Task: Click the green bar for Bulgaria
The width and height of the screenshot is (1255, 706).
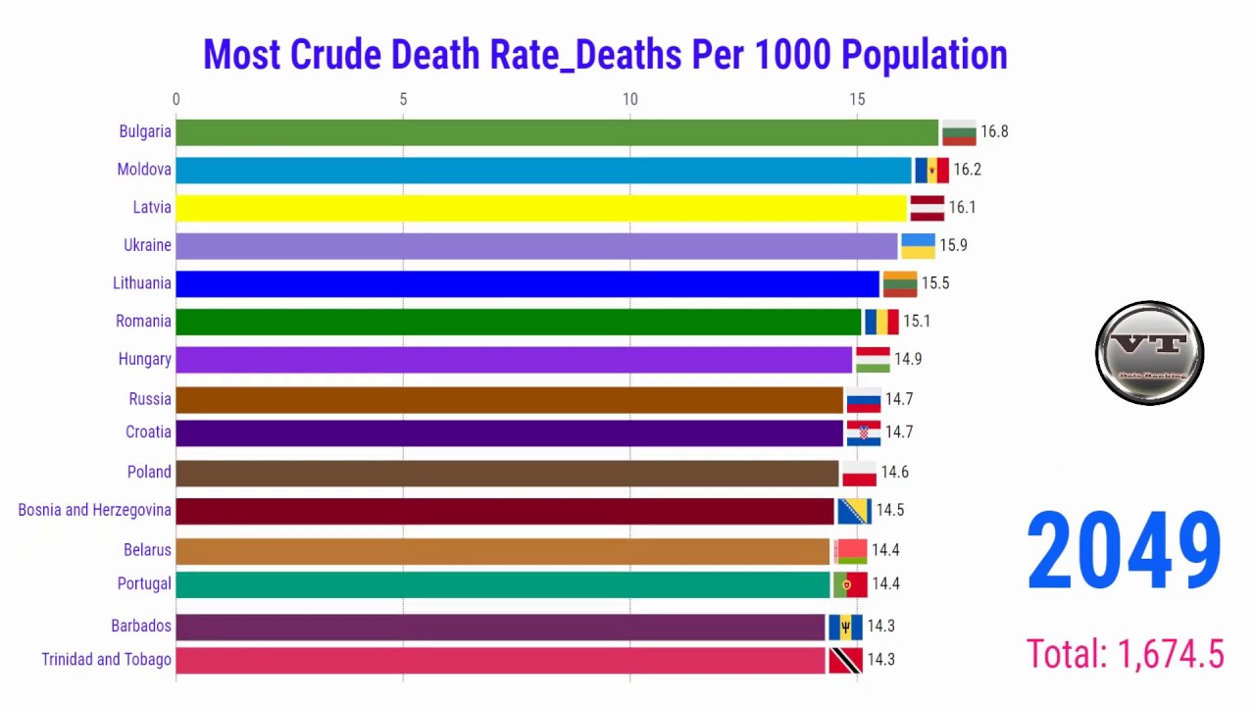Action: tap(557, 132)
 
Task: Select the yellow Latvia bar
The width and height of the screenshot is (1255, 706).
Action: tap(541, 208)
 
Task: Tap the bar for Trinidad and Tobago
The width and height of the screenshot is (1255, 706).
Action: tap(500, 660)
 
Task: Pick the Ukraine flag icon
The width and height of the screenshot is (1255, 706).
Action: tap(918, 246)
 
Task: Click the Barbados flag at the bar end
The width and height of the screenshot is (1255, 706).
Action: tap(845, 627)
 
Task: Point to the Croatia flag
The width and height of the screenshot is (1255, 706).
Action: tap(864, 432)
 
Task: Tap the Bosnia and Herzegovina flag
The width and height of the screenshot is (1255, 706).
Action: tap(854, 511)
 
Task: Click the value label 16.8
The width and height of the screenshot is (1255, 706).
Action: tap(994, 132)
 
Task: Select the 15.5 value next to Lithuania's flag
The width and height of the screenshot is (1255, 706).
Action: tap(935, 283)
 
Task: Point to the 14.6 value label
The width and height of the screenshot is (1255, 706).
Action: tap(894, 473)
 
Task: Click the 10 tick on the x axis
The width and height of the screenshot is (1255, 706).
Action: tap(630, 99)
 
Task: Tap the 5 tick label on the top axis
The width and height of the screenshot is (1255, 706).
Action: tap(403, 99)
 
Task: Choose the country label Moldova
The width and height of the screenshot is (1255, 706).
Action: tap(144, 170)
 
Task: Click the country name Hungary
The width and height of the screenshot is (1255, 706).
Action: tap(144, 359)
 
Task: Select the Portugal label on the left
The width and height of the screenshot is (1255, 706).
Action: tap(144, 583)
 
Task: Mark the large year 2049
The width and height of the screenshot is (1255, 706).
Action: tap(1125, 552)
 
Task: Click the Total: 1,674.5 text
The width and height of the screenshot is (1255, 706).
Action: tap(1125, 653)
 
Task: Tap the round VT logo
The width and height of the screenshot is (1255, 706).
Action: tap(1149, 353)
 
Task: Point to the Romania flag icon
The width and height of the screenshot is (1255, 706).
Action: tap(881, 322)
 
